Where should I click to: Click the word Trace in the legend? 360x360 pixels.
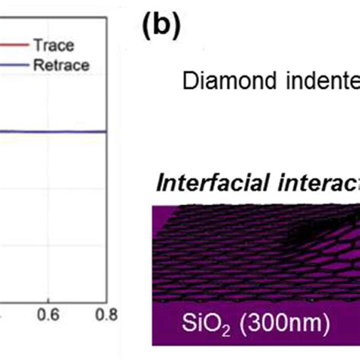pyautogui.click(x=58, y=46)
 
